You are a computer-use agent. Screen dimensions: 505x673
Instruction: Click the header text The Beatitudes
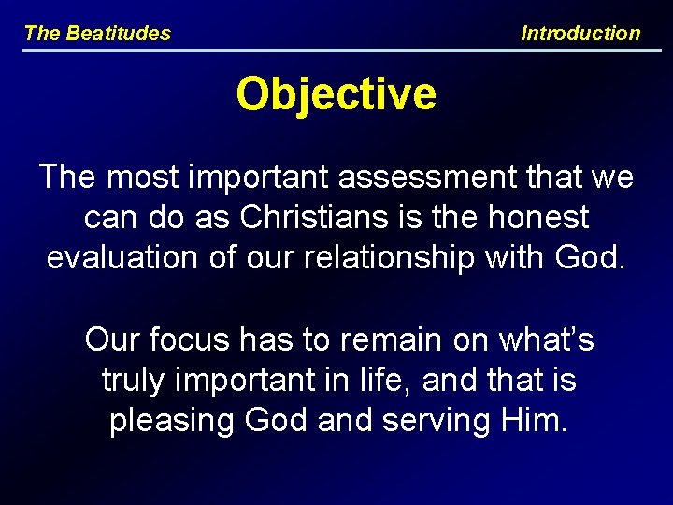(x=97, y=34)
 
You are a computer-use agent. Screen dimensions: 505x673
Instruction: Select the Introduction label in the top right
(x=580, y=34)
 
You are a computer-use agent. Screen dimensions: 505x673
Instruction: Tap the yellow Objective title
(x=336, y=94)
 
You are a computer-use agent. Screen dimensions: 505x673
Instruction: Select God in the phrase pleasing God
(x=277, y=421)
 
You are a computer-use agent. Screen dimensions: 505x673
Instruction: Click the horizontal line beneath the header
(x=336, y=50)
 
